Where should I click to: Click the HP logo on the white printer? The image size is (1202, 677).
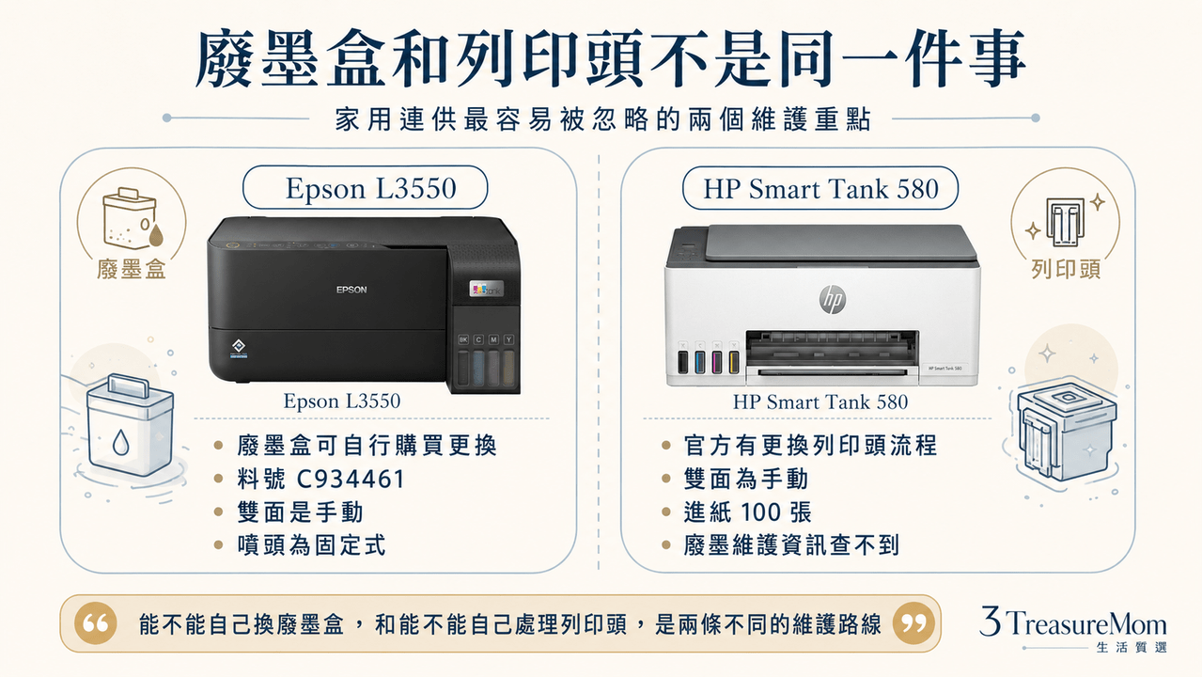[x=833, y=300]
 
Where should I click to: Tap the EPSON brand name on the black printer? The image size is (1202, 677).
[x=351, y=290]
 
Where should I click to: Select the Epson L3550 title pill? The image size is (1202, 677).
[x=366, y=187]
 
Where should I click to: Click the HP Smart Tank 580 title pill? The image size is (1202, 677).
[x=820, y=188]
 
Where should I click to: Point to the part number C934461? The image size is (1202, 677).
[x=351, y=479]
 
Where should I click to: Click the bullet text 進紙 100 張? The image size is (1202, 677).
[x=747, y=512]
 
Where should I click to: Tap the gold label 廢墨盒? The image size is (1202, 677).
[x=132, y=269]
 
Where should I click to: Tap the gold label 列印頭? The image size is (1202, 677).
[x=1067, y=269]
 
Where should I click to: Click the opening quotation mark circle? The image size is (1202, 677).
[x=96, y=623]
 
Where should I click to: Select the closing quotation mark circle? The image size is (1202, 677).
[x=913, y=623]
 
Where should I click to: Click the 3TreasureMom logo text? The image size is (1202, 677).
[x=1073, y=622]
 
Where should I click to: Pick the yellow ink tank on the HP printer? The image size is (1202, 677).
[x=734, y=362]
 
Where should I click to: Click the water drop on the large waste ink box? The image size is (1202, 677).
[x=120, y=442]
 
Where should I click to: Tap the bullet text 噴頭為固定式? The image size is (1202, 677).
[x=312, y=545]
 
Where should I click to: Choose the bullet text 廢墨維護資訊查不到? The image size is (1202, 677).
[x=791, y=545]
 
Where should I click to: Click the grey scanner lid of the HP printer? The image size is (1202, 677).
[x=841, y=243]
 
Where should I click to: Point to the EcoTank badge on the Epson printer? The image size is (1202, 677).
[x=486, y=290]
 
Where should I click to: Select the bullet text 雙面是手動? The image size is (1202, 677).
[x=300, y=512]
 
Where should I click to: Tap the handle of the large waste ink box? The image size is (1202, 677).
[x=128, y=385]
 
